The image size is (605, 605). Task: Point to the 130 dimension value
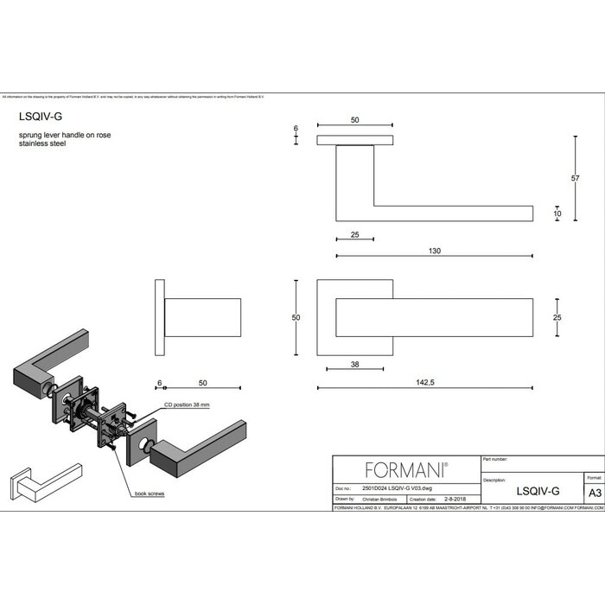click(434, 251)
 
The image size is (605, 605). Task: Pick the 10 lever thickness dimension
click(557, 213)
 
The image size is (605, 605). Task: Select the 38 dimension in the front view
click(355, 366)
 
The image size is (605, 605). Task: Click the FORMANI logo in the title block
click(406, 470)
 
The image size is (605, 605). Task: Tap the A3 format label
click(594, 493)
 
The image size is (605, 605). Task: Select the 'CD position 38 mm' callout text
click(185, 404)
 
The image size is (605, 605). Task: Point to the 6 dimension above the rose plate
click(296, 129)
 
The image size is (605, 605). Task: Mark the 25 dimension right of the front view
click(557, 318)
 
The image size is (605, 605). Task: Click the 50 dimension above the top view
click(355, 120)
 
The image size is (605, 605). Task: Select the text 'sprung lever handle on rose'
click(65, 136)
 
